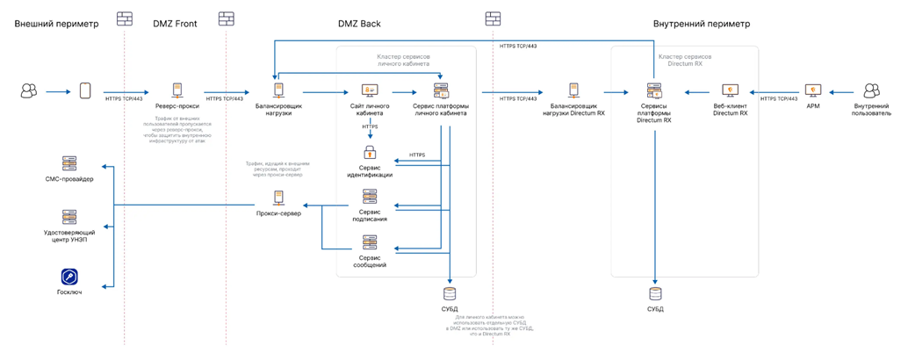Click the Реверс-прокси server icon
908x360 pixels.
177,90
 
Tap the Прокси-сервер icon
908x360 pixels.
278,198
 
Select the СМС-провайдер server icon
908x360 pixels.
69,163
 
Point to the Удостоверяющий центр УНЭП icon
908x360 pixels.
69,217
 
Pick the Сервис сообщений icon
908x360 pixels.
370,243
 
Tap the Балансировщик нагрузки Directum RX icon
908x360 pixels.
573,90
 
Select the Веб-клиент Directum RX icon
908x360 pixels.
730,90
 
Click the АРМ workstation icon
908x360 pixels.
813,90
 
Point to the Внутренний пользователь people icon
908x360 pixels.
870,90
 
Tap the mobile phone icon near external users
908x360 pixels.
85,90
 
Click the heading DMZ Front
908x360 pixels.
176,21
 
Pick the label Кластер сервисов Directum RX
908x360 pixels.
685,61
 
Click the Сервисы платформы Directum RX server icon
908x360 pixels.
654,90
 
